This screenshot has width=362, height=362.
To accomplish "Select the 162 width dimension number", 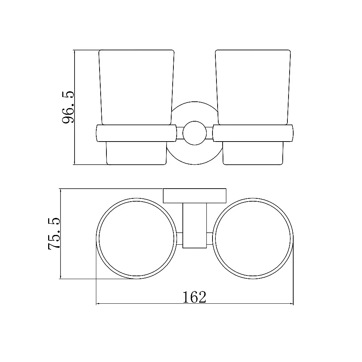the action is point(194,297).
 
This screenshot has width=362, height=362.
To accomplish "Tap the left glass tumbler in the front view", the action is point(136,88).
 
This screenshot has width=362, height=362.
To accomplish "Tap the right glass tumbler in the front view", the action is point(253,88).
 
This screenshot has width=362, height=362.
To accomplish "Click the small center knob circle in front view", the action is point(195,133).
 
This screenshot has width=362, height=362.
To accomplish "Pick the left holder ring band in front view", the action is point(136,133).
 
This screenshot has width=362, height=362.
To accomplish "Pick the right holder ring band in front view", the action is point(253,133).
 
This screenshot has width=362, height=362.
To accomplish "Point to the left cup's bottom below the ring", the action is point(136,153).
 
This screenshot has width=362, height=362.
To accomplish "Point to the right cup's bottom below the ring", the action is point(253,153).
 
